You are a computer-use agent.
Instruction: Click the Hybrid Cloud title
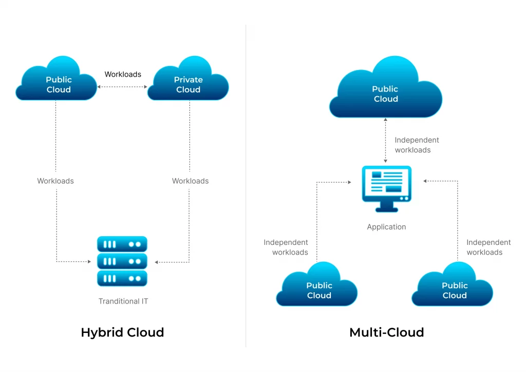coord(122,332)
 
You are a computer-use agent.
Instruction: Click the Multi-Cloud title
coord(386,332)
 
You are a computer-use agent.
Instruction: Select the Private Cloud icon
coord(188,82)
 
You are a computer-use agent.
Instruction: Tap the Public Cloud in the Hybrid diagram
coord(57,82)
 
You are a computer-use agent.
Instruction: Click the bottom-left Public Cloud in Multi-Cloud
coord(317,287)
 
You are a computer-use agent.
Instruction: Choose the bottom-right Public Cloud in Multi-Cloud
coord(453,287)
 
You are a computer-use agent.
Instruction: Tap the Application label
coord(386,227)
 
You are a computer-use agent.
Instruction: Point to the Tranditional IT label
coord(123,301)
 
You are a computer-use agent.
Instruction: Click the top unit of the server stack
coord(122,244)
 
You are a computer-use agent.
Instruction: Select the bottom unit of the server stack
coord(122,278)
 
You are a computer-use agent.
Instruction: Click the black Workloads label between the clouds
coord(123,74)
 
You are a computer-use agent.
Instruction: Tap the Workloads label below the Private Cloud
coord(190,181)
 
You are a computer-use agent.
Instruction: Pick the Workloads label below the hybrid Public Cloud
coord(55,181)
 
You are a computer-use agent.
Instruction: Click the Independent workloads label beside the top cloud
coord(416,145)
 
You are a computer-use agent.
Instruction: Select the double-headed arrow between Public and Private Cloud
coord(122,87)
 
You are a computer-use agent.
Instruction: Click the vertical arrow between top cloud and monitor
coord(386,140)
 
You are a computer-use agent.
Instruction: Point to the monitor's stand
coord(386,207)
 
